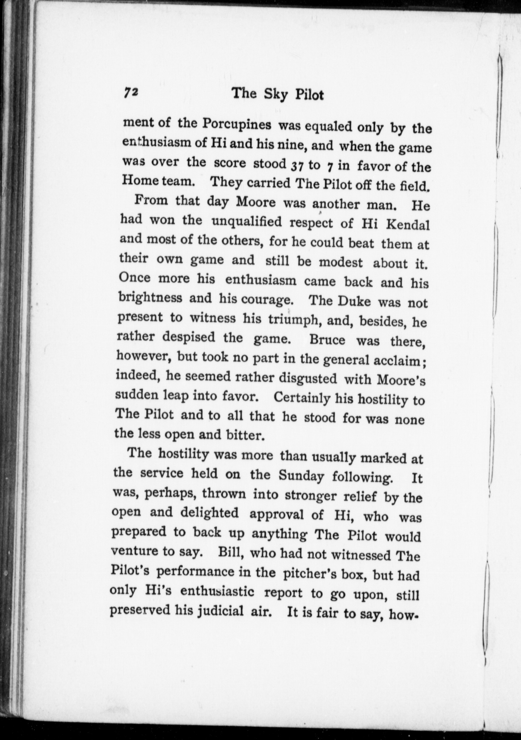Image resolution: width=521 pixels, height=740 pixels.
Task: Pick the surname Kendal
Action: click(408, 225)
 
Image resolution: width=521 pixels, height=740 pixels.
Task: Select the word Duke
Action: click(354, 301)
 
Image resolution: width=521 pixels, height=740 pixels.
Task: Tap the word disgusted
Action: click(308, 378)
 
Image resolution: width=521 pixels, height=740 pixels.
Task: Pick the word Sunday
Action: click(301, 477)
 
